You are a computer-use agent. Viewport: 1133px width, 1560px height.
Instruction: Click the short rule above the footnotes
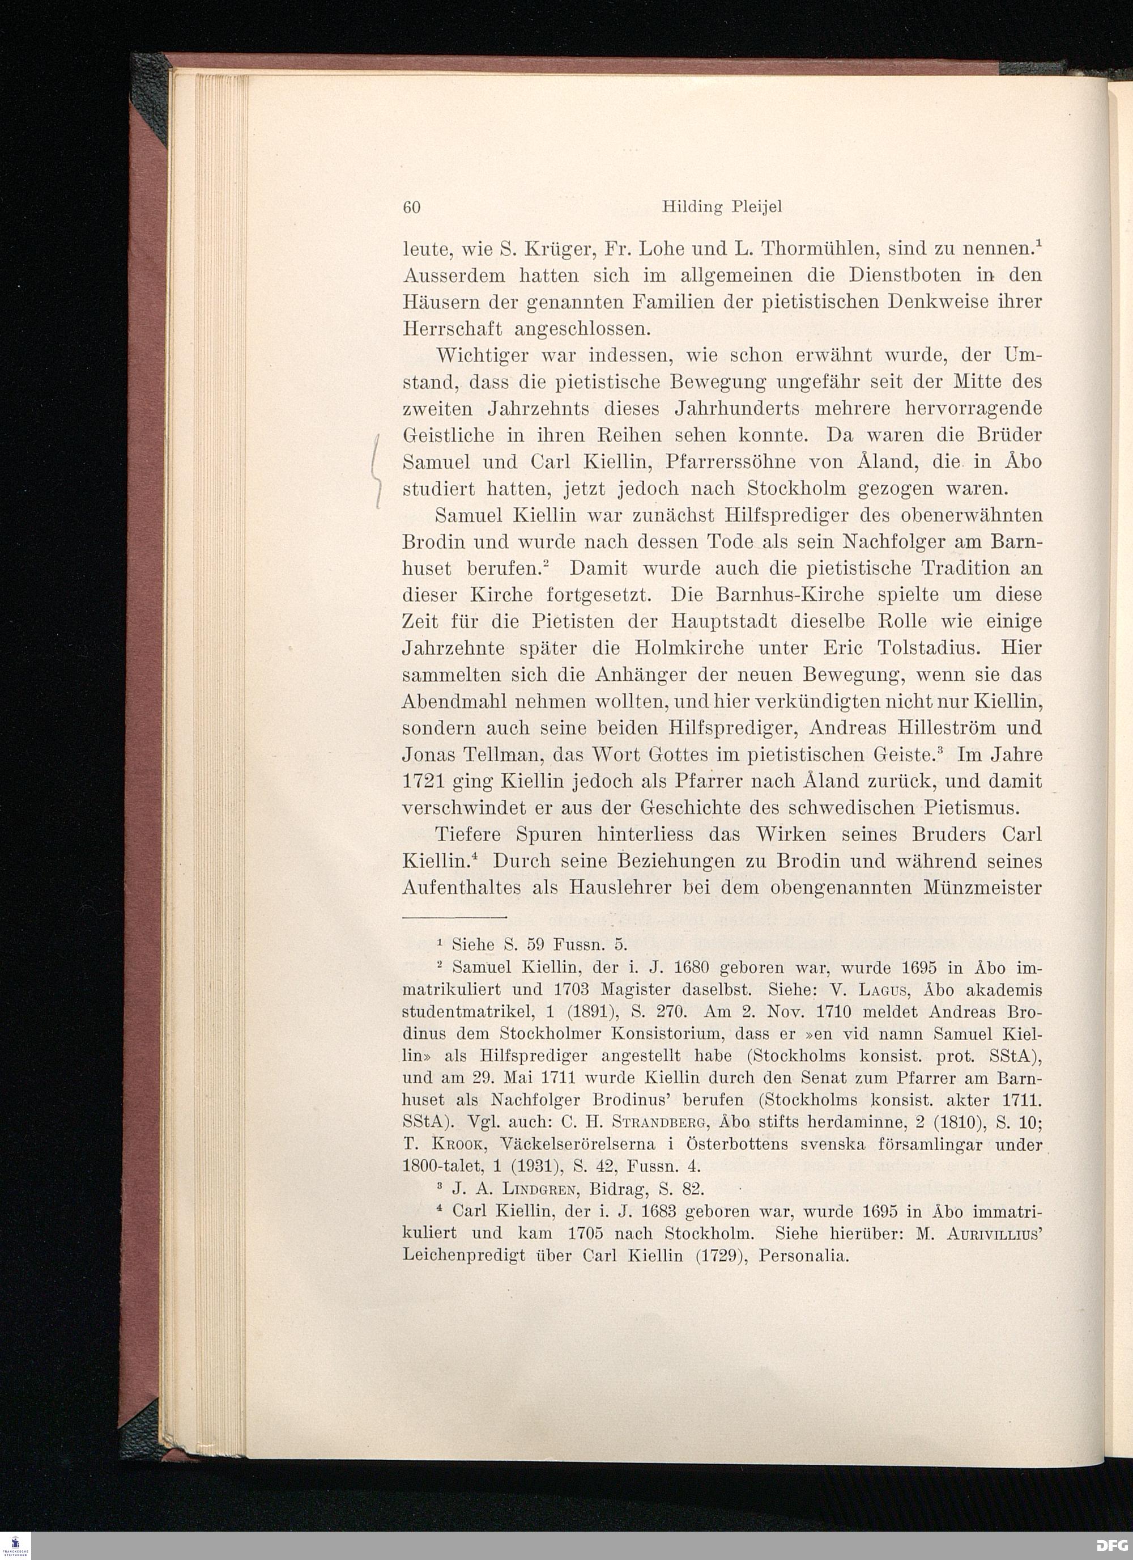[454, 917]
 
